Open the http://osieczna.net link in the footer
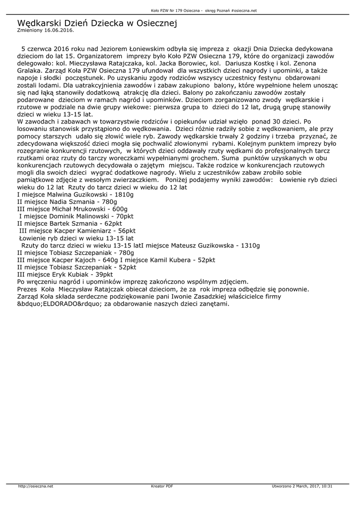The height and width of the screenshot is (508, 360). pos(35,486)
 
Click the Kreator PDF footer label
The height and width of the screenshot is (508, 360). pos(162,486)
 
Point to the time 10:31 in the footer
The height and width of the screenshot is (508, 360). pos(326,486)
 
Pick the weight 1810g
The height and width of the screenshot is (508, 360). pos(124,195)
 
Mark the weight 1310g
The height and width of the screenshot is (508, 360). pos(250,245)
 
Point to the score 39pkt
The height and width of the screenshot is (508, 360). pos(103,274)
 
